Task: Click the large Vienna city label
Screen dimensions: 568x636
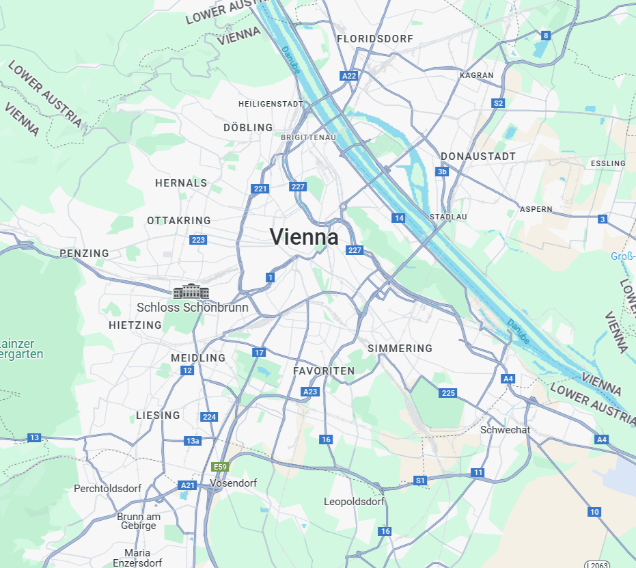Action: click(304, 237)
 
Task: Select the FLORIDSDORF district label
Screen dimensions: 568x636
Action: click(375, 39)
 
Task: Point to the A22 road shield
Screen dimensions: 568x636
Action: click(349, 76)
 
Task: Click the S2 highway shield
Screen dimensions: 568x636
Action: click(498, 103)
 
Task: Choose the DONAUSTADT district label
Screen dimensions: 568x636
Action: click(478, 157)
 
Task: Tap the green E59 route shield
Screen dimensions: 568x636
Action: click(220, 467)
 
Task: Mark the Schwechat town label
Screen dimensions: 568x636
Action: click(505, 430)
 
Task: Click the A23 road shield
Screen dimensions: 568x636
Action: click(310, 392)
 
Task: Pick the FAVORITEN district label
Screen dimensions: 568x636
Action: click(324, 371)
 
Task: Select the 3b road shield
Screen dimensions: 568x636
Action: click(442, 172)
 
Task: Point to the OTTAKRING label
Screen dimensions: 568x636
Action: click(179, 221)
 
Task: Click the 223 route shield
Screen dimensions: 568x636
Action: click(198, 239)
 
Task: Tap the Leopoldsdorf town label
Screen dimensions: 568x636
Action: click(354, 502)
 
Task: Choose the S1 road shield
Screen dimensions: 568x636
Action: click(420, 481)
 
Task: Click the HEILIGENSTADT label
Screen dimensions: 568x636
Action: click(271, 104)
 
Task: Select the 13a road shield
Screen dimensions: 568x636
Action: click(193, 441)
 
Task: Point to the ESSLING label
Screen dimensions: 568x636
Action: click(608, 163)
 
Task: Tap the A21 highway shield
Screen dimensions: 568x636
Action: click(187, 485)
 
